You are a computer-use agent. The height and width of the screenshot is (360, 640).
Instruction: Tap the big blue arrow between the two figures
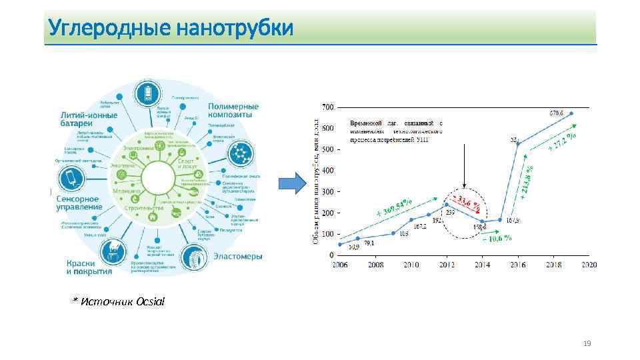point(291,183)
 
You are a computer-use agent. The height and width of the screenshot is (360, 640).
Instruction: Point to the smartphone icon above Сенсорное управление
point(69,178)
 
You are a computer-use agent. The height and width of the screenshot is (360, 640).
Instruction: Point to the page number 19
point(587,344)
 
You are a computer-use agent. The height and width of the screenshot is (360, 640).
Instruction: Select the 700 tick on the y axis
point(328,107)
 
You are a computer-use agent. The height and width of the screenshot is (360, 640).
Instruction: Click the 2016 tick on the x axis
point(518,265)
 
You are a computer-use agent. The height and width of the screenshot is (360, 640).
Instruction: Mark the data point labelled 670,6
point(571,113)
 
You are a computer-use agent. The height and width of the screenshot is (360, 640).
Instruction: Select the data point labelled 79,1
point(358,239)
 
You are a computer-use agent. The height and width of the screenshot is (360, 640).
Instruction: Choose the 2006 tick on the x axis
point(339,265)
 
